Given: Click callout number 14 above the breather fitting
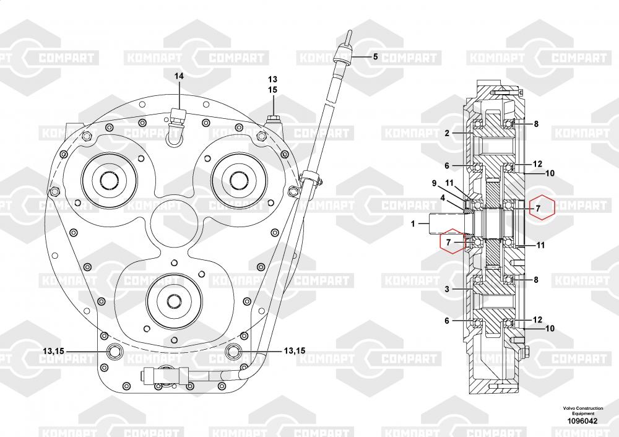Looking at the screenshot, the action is click(x=180, y=76).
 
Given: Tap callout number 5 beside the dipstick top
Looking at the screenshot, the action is click(x=376, y=56).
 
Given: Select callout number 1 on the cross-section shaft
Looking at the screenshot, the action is click(x=413, y=224).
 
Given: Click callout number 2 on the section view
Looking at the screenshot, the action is click(x=447, y=133).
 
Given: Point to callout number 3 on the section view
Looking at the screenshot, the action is click(x=447, y=289).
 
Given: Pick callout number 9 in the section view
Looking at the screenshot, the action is click(x=435, y=183).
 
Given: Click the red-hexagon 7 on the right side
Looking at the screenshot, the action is click(x=542, y=207).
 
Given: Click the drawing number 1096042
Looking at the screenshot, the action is click(x=582, y=421).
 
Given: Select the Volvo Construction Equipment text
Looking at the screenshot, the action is click(x=583, y=410).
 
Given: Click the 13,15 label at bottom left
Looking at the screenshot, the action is click(x=54, y=351).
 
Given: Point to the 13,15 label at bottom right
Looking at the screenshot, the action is click(x=295, y=350).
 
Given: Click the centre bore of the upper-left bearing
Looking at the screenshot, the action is click(x=110, y=180).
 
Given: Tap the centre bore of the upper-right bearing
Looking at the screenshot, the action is click(x=238, y=180).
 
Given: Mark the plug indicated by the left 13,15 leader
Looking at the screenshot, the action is click(x=115, y=350).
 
